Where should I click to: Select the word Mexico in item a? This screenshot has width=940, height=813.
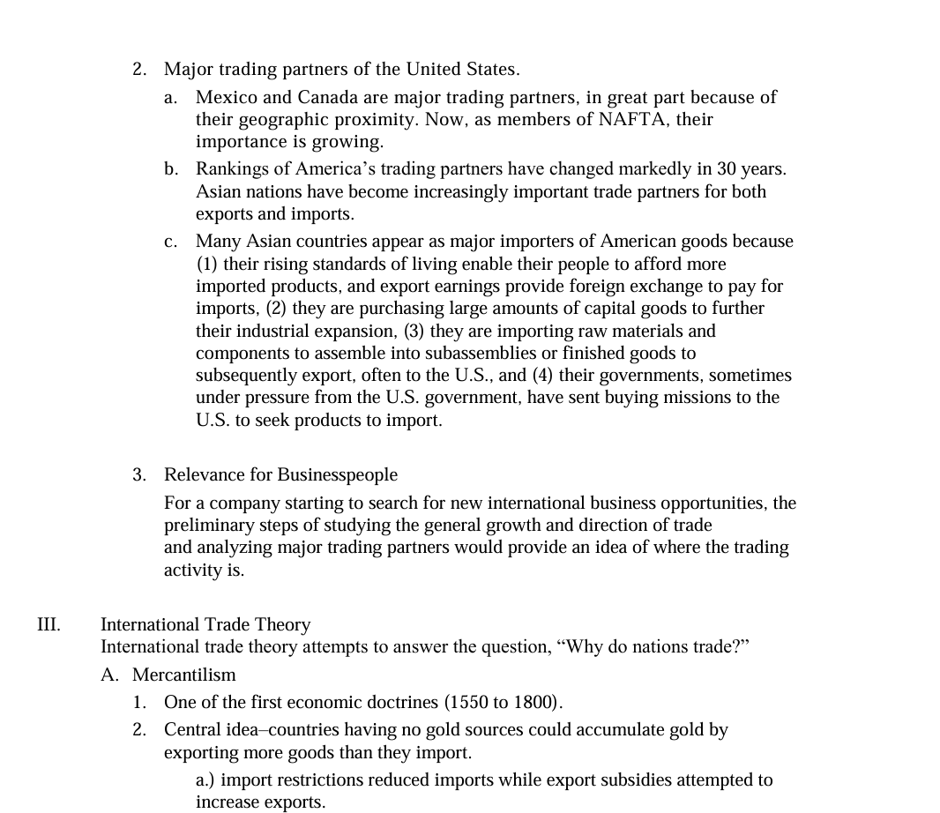point(225,97)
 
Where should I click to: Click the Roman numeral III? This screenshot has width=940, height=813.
point(48,624)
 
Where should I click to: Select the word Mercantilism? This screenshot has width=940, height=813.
point(184,675)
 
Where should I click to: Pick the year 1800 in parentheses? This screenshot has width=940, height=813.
point(534,703)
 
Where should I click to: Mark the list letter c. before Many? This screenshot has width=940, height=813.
point(171,241)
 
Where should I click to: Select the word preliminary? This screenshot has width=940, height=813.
point(209,525)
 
